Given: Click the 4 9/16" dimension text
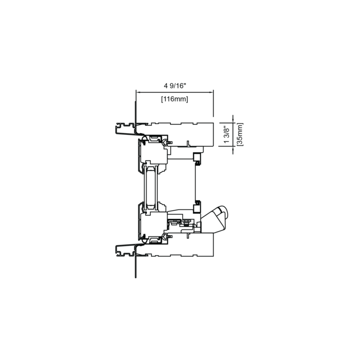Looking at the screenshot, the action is pyautogui.click(x=174, y=86).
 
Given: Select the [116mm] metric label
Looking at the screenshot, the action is pyautogui.click(x=174, y=99).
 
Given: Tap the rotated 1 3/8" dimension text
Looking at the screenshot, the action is pyautogui.click(x=226, y=134).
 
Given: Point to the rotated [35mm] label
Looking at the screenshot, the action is pyautogui.click(x=239, y=134).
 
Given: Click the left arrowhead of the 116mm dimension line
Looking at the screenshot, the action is pyautogui.click(x=138, y=92).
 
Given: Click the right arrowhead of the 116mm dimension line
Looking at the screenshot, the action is pyautogui.click(x=211, y=92).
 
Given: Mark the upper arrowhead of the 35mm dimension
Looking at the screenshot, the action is pyautogui.click(x=233, y=120).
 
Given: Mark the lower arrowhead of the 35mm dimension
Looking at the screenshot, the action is pyautogui.click(x=233, y=149).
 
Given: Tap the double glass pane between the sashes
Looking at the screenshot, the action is pyautogui.click(x=150, y=187).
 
